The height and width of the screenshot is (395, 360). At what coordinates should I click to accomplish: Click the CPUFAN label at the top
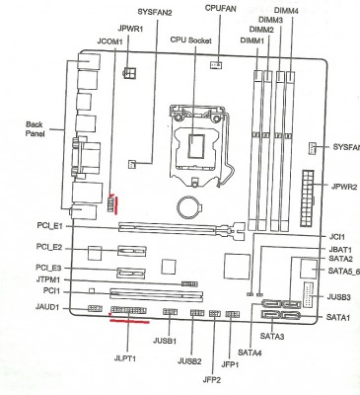221,7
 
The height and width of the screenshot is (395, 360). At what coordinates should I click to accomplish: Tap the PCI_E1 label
48,226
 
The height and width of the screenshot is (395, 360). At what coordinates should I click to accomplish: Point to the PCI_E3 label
48,267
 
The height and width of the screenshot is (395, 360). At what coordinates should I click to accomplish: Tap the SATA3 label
276,337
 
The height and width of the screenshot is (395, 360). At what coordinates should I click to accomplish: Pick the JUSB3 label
338,296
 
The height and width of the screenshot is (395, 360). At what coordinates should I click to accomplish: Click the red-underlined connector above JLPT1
128,314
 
